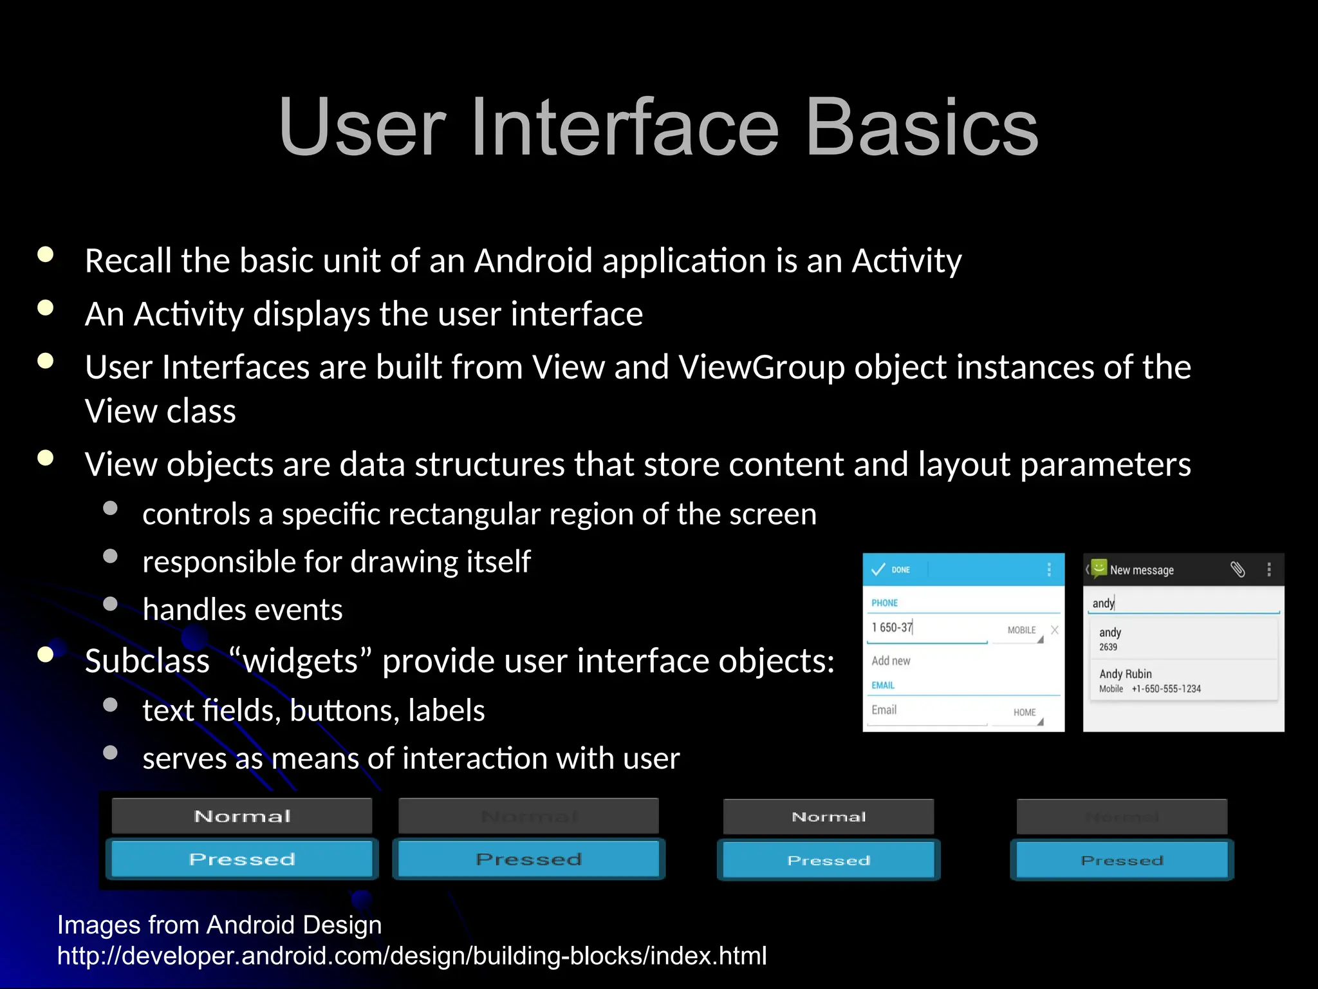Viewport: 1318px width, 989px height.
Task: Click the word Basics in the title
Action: point(922,127)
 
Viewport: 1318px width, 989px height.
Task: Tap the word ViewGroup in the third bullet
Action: point(761,368)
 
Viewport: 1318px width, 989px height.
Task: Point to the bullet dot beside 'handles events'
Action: point(111,604)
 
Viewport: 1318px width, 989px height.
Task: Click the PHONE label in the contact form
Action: point(884,603)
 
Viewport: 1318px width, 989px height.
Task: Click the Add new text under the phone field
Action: point(891,661)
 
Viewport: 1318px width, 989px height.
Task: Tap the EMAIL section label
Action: point(883,685)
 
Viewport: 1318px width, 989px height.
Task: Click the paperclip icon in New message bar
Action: point(1238,569)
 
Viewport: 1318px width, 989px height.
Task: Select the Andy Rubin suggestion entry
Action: point(1149,680)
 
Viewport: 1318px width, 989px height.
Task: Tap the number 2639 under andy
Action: point(1108,647)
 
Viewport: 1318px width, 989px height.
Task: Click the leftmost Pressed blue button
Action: point(242,859)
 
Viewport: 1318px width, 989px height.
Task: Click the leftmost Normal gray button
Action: point(242,816)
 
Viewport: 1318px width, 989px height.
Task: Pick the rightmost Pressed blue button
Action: point(1122,860)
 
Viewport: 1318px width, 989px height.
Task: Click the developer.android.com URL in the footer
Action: point(412,956)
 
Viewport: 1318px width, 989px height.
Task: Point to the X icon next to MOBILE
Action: point(1055,630)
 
